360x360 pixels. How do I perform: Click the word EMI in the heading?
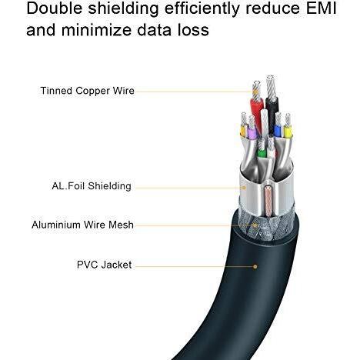[x=321, y=8]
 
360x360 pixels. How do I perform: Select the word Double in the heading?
[x=55, y=8]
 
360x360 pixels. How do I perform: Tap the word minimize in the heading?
[x=96, y=30]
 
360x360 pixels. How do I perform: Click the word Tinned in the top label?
[x=56, y=91]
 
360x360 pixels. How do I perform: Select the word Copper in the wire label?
[x=92, y=92]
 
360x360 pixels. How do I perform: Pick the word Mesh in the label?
[x=121, y=225]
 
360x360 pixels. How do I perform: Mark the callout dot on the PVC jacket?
[x=255, y=267]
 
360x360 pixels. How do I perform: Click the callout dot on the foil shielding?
[x=245, y=188]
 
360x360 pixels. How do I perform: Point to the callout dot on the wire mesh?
[x=255, y=225]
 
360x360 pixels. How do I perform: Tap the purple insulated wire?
[x=252, y=133]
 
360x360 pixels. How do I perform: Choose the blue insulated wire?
[x=277, y=131]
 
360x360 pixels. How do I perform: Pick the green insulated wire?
[x=262, y=153]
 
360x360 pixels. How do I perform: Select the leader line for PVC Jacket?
[x=195, y=267]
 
